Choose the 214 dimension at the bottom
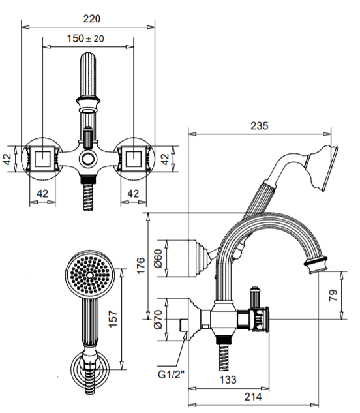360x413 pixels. [252, 397]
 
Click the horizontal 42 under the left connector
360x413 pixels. [42, 193]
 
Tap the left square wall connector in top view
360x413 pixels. [42, 159]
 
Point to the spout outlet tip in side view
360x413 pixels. [316, 265]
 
